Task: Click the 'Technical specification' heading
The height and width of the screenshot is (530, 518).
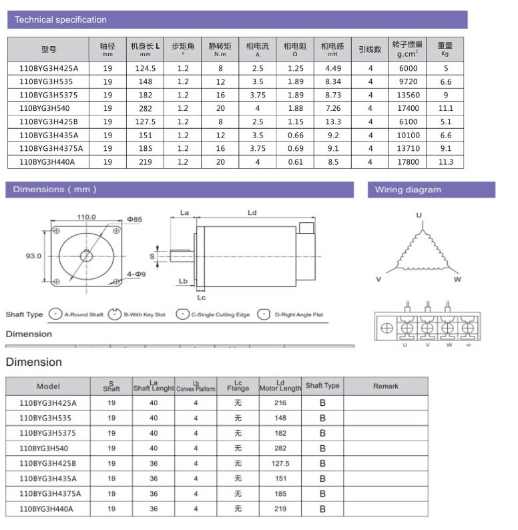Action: [x=61, y=20]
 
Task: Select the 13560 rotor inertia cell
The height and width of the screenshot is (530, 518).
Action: [x=408, y=95]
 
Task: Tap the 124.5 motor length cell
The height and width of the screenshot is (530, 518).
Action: [x=146, y=68]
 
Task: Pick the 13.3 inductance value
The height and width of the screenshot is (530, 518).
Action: [x=333, y=121]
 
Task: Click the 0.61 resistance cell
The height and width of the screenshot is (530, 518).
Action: [x=296, y=162]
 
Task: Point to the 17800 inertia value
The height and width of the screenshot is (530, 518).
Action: [x=408, y=162]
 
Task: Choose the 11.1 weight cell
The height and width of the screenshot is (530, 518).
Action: [x=446, y=108]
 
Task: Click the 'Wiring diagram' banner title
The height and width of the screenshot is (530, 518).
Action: [x=408, y=190]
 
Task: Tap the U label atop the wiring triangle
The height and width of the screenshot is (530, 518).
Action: [x=419, y=215]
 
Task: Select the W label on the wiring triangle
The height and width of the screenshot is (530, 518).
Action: [x=457, y=279]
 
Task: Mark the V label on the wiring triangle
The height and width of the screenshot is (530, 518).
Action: [x=378, y=279]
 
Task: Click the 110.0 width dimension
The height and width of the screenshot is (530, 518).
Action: [x=86, y=217]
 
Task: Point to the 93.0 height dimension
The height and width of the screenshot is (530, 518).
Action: [x=33, y=256]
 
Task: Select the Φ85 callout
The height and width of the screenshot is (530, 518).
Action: [x=134, y=219]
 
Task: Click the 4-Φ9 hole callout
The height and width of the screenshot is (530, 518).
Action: [x=136, y=274]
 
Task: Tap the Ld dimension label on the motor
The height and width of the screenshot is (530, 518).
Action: [x=252, y=213]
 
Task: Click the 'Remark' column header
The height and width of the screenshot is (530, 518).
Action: [x=386, y=386]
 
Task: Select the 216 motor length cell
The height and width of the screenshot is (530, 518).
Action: [x=280, y=403]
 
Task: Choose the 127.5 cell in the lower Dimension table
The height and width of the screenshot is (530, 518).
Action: [x=280, y=463]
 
